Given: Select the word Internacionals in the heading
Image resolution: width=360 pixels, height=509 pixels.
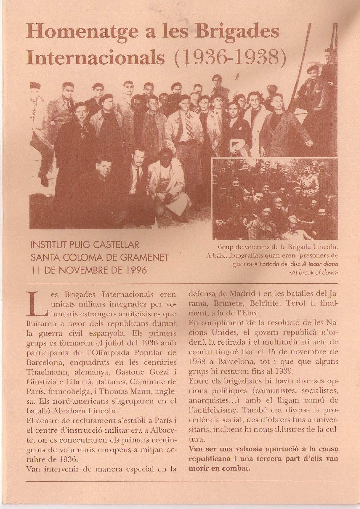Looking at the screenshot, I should point(95,57).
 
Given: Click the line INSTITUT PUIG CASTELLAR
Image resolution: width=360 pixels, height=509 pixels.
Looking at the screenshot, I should point(85,245).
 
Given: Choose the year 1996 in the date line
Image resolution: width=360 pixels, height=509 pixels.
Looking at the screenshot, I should point(136,270).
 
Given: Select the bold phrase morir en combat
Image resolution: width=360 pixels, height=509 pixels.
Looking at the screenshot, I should point(219,468).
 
